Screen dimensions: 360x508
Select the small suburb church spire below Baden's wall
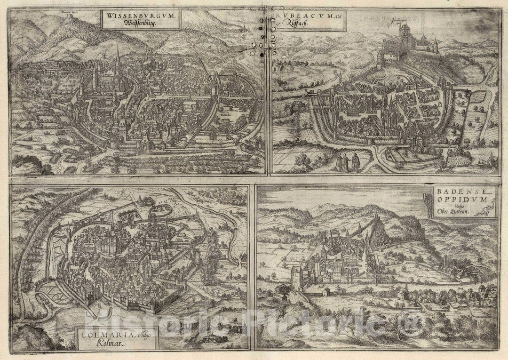pos(405,288)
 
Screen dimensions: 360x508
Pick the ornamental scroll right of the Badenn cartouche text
pos(491,207)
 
